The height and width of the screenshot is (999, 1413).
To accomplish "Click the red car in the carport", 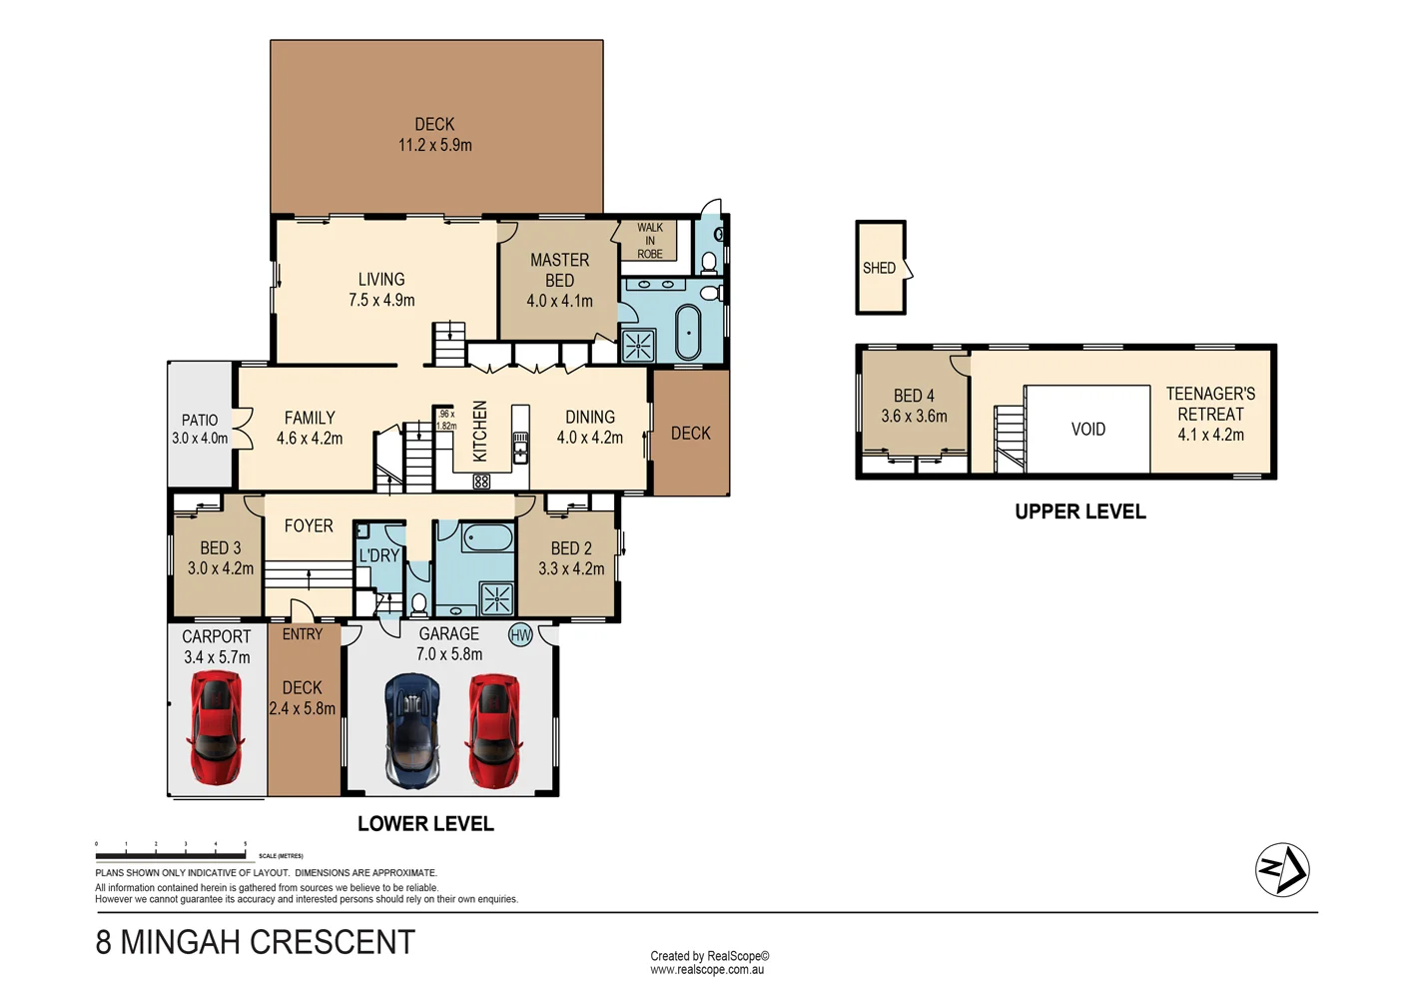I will pos(216,726).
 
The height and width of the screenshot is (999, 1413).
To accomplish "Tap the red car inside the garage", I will pos(493,730).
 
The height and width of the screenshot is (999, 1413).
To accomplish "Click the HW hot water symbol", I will pos(520,635).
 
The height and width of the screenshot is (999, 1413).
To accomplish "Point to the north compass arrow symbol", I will pos(1282,870).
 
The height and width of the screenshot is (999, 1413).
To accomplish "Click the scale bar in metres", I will pos(171,855).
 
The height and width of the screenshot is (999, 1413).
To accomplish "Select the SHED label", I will pos(879,268).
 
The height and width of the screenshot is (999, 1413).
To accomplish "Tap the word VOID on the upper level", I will pos(1087,430).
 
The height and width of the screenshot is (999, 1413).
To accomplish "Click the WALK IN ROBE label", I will pos(650,241).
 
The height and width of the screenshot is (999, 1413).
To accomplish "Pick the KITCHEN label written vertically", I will pos(480,431).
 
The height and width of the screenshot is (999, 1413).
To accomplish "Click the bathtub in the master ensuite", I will pos(688,333).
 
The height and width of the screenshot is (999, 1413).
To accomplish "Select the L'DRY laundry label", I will pos(379,555).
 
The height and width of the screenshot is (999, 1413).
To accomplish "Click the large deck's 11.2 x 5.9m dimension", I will pos(435,145).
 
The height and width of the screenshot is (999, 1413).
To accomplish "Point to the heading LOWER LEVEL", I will pos(425,824).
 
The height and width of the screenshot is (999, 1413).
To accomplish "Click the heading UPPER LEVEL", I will pos(1079,511).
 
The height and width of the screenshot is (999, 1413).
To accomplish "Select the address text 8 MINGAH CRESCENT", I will pos(256,942).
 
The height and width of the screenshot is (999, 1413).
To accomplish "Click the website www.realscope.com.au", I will pos(707,970).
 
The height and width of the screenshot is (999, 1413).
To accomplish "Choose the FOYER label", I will pos(309,525).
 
